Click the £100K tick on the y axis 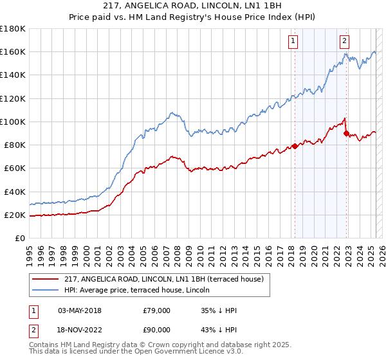[x=13, y=122]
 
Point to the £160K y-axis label [x=13, y=51]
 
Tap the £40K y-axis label [x=15, y=192]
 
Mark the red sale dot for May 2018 [x=295, y=146]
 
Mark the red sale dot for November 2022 [x=346, y=134]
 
